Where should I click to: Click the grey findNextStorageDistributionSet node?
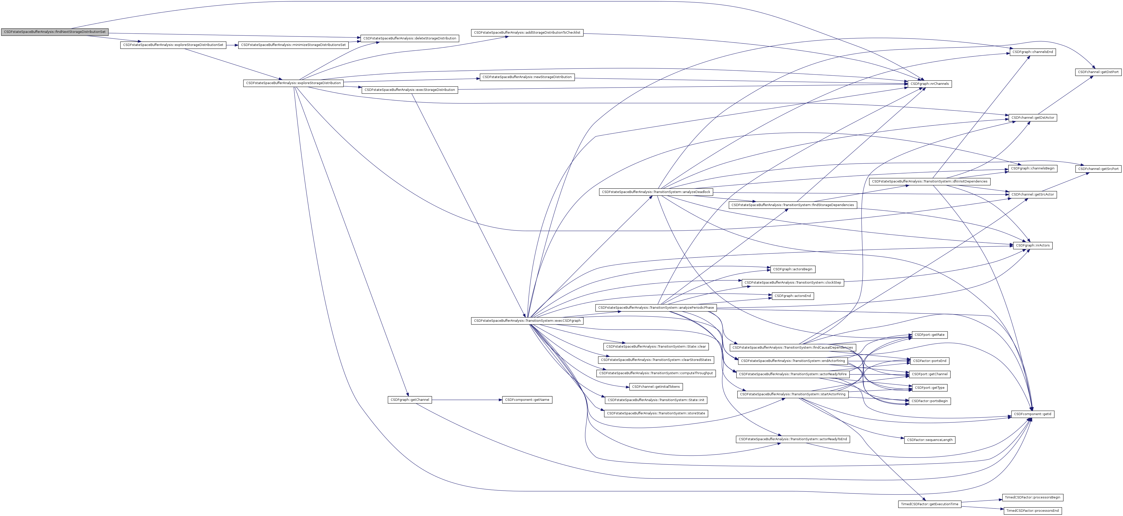[54, 32]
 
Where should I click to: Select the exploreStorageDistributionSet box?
[173, 45]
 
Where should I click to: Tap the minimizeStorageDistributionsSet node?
[293, 45]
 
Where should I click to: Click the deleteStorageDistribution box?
[409, 38]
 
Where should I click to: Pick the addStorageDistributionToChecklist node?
[527, 33]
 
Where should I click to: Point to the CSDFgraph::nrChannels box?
[929, 84]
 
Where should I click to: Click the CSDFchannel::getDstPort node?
[1098, 72]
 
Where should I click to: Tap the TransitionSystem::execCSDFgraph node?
[527, 321]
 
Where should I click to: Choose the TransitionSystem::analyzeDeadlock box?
[656, 192]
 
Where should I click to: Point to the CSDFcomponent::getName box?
[527, 400]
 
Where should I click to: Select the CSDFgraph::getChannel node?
[409, 400]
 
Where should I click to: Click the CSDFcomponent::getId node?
[1032, 414]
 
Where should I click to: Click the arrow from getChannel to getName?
[467, 400]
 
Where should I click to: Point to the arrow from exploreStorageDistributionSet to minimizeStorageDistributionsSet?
[232, 45]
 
